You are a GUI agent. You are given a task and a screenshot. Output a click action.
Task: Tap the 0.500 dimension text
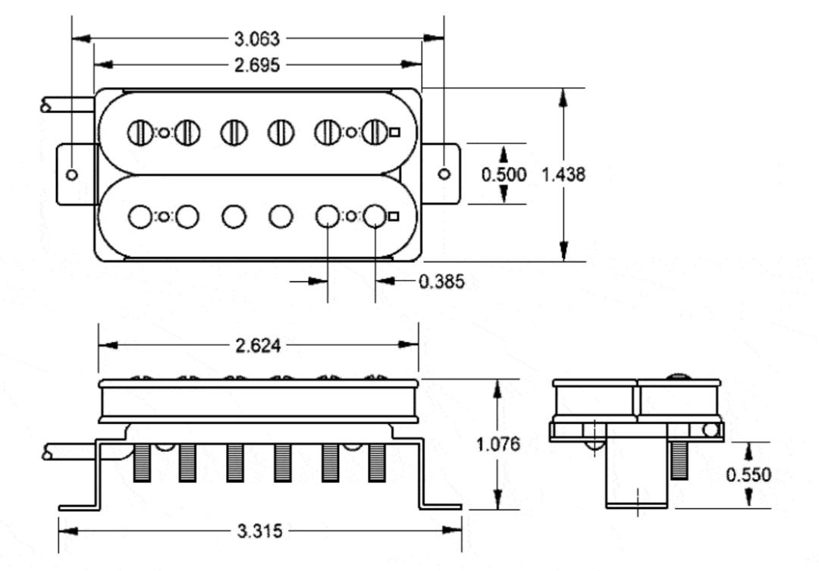(504, 174)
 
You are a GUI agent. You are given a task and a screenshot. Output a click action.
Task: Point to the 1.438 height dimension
(563, 174)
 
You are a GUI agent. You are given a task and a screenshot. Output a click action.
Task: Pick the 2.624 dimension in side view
(258, 346)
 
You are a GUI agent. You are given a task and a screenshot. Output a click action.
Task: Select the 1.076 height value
(498, 444)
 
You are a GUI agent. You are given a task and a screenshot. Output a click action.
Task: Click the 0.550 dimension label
(748, 475)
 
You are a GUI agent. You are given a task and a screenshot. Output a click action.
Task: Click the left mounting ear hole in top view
(72, 174)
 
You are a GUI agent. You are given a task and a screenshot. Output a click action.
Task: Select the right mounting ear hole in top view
(445, 174)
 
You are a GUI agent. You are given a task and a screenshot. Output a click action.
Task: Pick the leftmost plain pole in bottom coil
(140, 216)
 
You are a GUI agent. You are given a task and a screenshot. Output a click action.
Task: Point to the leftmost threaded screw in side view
(142, 462)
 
